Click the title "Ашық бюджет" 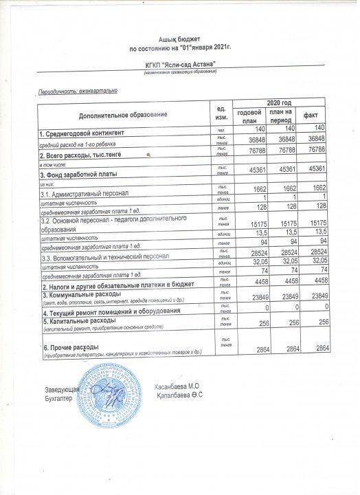point(180,41)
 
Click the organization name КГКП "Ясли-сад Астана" point(181,64)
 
